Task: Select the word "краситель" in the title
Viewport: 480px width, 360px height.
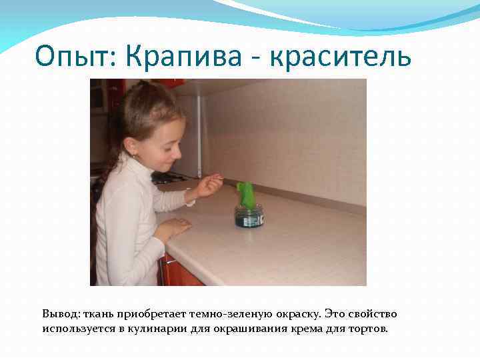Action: (341, 57)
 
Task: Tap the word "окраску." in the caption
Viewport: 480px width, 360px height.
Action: (290, 313)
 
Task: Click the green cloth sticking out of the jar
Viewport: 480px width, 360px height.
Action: (245, 195)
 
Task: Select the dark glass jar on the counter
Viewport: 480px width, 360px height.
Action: (249, 216)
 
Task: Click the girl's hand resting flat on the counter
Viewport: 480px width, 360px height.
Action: (171, 229)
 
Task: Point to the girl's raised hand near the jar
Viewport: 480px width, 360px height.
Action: (208, 185)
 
